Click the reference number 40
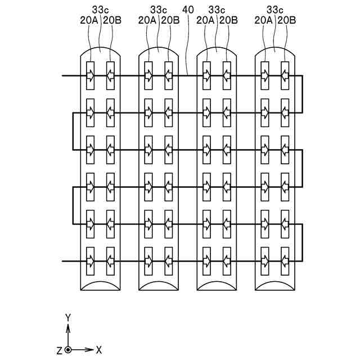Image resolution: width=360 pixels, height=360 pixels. coord(187,10)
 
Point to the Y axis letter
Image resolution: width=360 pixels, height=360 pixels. coord(68,318)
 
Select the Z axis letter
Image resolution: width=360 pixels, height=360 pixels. coord(59,350)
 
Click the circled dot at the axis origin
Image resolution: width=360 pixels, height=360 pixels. coord(68,350)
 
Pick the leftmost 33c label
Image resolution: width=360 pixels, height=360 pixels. coord(100,10)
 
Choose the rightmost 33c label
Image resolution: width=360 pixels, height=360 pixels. coord(274,10)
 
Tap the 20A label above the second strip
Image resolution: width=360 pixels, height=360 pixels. coord(146,20)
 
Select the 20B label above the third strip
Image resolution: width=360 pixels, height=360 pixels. coord(228,20)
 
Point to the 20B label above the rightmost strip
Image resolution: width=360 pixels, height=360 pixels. coord(286,20)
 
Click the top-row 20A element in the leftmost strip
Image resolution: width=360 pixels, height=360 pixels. coord(90,75)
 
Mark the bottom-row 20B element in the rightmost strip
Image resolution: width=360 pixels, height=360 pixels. coord(285,261)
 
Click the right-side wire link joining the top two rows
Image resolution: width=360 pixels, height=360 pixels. coord(303,94)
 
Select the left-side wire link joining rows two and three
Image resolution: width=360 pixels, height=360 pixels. coord(73,131)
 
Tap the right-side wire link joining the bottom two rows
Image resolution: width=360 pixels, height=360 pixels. coord(303,242)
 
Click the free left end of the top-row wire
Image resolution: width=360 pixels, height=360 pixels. coord(63,75)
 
